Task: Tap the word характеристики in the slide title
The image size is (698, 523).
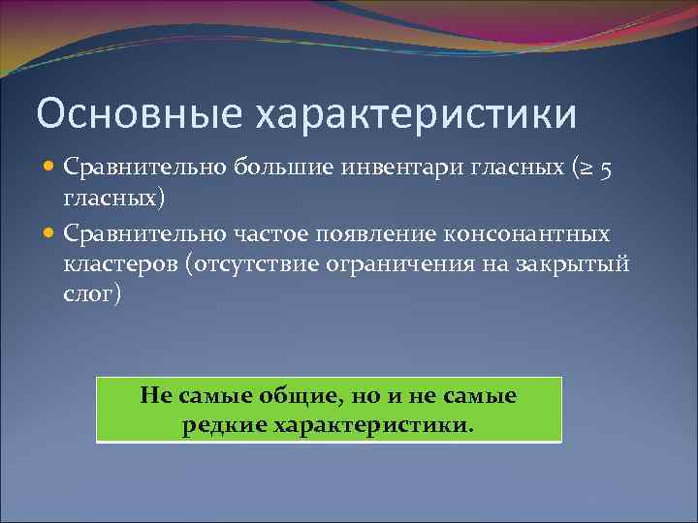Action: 416,113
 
